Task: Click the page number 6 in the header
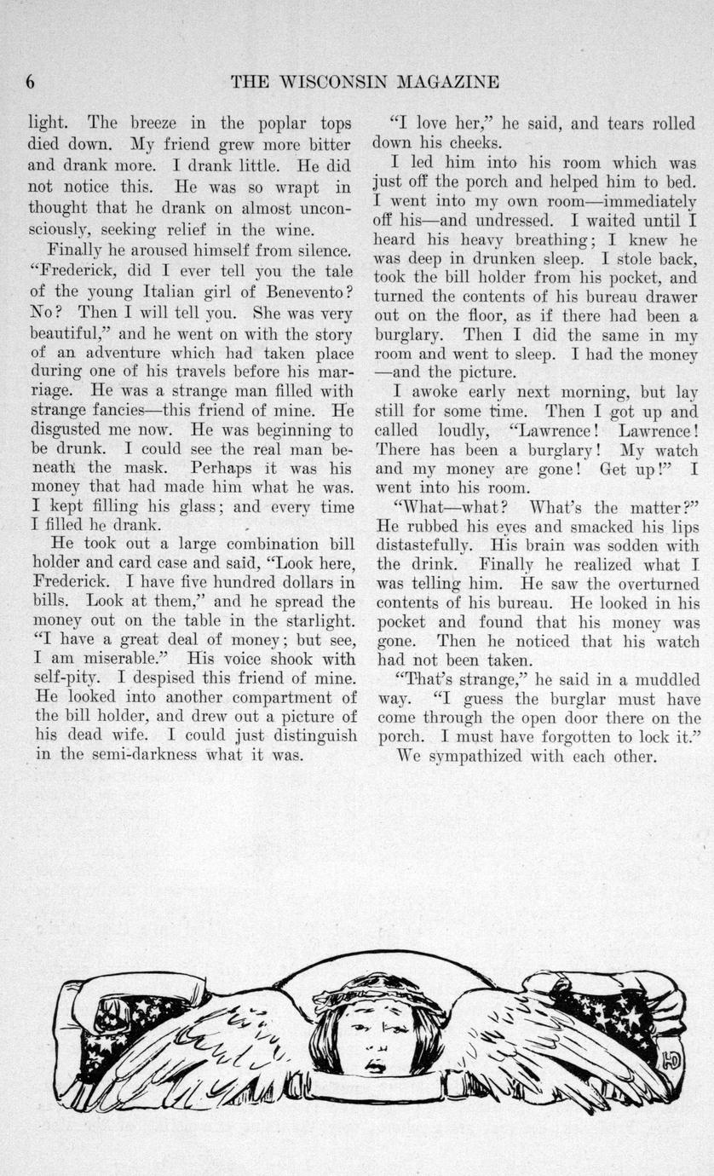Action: [30, 82]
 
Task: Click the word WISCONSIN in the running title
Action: [328, 82]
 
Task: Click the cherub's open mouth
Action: [375, 1066]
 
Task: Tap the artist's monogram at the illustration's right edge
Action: [671, 1058]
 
